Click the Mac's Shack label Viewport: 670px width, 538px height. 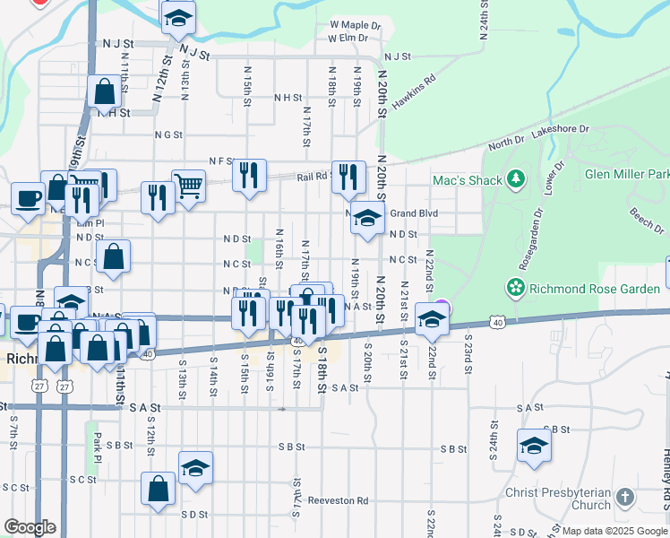pyautogui.click(x=467, y=180)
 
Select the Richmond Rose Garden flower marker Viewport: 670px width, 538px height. pyautogui.click(x=515, y=288)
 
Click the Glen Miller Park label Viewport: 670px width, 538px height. pyautogui.click(x=627, y=174)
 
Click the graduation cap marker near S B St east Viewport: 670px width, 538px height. pyautogui.click(x=534, y=446)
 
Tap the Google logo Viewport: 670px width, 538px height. pyautogui.click(x=30, y=527)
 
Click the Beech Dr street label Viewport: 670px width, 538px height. pyautogui.click(x=647, y=219)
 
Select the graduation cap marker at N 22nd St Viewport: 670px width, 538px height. pyautogui.click(x=432, y=320)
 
